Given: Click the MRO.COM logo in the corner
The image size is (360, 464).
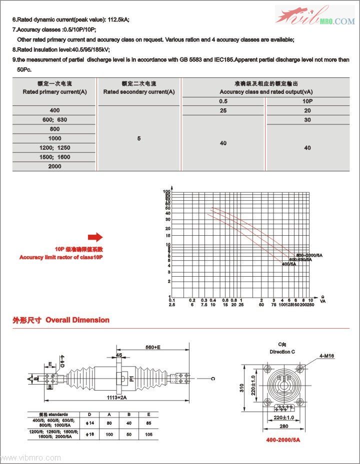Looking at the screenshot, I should point(315,16).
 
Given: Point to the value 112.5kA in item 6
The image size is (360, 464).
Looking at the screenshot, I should point(118,19).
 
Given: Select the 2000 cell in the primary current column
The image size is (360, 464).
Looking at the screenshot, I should point(55,166).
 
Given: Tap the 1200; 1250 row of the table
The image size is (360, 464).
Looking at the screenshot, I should point(55,148).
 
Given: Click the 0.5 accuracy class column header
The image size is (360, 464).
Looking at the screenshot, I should point(223,101).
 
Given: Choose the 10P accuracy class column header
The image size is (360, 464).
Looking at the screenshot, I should point(307,101).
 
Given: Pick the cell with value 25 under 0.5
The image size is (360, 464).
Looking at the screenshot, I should point(223,110).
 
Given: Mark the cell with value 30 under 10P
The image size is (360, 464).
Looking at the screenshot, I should point(307,120).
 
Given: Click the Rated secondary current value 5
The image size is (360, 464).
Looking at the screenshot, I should point(139,138).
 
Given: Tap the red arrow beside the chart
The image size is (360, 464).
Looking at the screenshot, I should point(95,237).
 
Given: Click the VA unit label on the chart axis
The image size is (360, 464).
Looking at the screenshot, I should point(323,302).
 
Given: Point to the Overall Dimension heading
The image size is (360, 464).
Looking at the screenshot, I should point(77,320).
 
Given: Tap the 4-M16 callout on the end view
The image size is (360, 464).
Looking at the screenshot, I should point(327,356).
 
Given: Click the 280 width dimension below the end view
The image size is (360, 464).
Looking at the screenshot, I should point(283,426).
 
